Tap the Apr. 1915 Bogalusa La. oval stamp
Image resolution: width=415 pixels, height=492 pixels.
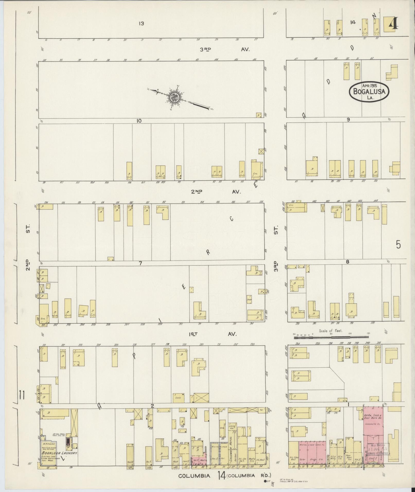(x=369, y=92)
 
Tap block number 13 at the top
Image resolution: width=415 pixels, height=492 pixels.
(x=141, y=23)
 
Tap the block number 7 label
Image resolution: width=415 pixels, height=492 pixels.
(x=140, y=263)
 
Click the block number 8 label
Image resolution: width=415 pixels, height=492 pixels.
(x=348, y=262)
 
